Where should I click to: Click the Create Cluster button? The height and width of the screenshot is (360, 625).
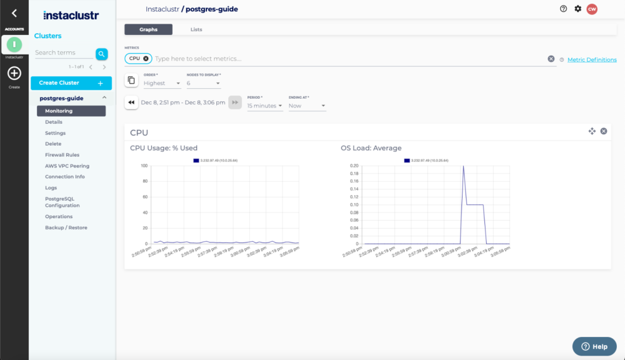pyautogui.click(x=71, y=82)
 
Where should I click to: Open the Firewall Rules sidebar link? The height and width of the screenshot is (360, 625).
pyautogui.click(x=62, y=155)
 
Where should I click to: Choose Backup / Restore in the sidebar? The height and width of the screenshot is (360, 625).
pyautogui.click(x=66, y=227)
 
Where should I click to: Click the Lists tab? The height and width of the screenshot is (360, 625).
pyautogui.click(x=196, y=29)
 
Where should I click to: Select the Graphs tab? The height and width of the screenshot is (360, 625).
pyautogui.click(x=148, y=29)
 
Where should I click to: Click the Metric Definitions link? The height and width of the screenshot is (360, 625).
pyautogui.click(x=591, y=59)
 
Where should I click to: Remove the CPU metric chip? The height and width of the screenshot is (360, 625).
pyautogui.click(x=146, y=58)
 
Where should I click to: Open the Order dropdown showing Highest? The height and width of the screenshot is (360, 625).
pyautogui.click(x=162, y=83)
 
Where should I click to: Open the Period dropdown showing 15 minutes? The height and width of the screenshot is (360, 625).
pyautogui.click(x=265, y=106)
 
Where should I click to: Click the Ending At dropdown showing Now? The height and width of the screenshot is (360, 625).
pyautogui.click(x=307, y=106)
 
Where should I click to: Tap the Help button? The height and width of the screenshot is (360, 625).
pyautogui.click(x=594, y=346)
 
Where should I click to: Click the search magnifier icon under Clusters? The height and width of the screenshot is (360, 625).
pyautogui.click(x=101, y=54)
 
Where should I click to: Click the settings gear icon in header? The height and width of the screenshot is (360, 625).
pyautogui.click(x=577, y=9)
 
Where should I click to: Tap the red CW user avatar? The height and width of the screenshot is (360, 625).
pyautogui.click(x=591, y=9)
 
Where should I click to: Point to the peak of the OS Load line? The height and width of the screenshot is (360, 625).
pyautogui.click(x=463, y=166)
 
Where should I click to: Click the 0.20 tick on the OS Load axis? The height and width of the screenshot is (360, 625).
pyautogui.click(x=354, y=166)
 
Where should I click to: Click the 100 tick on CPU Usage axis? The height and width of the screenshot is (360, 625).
pyautogui.click(x=144, y=166)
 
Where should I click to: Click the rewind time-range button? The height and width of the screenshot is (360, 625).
pyautogui.click(x=131, y=102)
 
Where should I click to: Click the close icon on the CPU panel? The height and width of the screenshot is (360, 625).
pyautogui.click(x=604, y=131)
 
